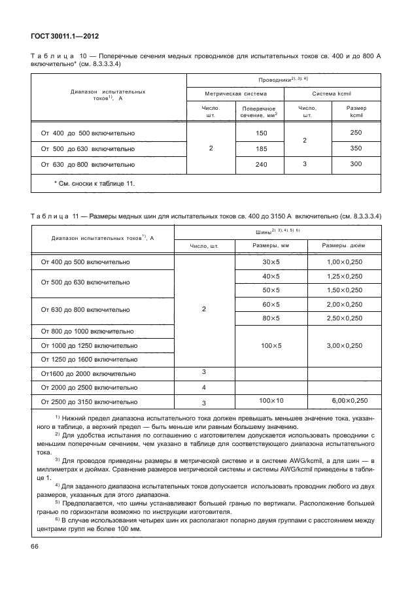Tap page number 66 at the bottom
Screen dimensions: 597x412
[x=35, y=564]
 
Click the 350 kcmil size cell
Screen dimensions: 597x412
[x=356, y=148]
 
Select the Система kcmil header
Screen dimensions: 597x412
[x=332, y=94]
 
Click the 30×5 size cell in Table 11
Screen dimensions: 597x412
[x=271, y=262]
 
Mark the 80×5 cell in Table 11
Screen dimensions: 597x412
[x=271, y=318]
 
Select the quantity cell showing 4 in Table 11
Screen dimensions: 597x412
[x=203, y=387]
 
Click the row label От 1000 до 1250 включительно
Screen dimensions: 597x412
[x=89, y=346]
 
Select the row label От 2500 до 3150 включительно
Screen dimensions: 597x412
[x=89, y=401]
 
